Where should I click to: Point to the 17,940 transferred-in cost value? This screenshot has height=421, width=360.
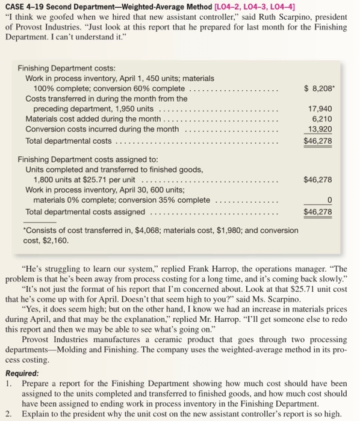click(x=320, y=109)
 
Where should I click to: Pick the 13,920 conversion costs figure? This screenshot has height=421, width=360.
click(x=320, y=129)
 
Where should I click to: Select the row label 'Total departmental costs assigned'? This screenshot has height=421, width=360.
click(x=85, y=212)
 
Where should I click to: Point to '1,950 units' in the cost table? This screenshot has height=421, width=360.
click(x=135, y=109)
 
